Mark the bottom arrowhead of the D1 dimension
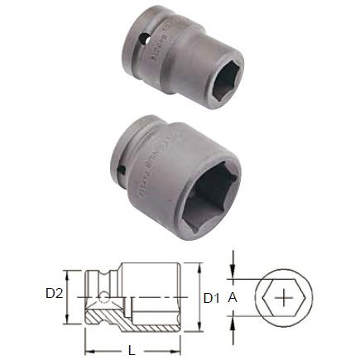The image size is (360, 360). coord(198,325)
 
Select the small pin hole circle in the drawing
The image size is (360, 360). coord(104,295)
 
